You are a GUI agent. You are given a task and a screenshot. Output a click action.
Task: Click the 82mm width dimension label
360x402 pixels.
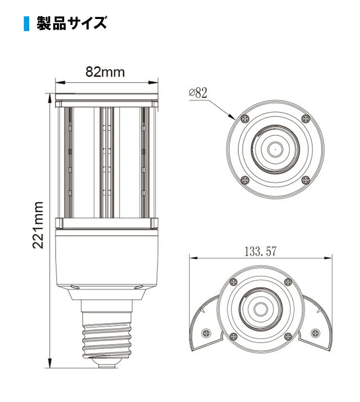point(105,72)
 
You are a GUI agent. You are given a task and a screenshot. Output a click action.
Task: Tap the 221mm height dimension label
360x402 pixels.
point(39,225)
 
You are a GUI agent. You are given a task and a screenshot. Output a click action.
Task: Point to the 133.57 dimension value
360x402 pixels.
point(260,252)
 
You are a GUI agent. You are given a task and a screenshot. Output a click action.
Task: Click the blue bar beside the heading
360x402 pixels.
point(27,23)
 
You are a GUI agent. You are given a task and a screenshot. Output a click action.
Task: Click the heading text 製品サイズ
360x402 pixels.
point(72,23)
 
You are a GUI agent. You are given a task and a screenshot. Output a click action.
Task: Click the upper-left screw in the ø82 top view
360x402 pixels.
point(244,118)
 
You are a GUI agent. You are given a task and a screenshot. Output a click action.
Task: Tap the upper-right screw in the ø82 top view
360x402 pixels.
point(305,118)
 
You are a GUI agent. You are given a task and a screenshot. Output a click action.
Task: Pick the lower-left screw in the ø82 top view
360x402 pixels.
point(244,180)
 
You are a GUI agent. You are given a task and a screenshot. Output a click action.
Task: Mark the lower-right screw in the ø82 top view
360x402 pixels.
point(306,180)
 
